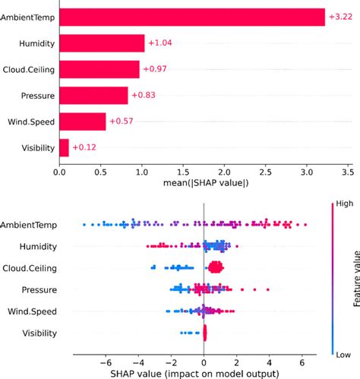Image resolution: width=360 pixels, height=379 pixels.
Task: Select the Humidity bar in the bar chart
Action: point(102,43)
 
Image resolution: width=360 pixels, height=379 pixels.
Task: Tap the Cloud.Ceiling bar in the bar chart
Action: point(99,69)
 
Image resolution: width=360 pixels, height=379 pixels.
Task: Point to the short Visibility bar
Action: point(64,147)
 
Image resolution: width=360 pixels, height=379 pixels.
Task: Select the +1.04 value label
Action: point(160,43)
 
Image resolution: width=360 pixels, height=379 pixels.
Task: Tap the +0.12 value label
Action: point(85,147)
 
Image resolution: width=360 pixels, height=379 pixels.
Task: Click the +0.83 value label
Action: point(144,95)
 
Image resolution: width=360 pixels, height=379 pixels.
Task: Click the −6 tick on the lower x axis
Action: point(105,362)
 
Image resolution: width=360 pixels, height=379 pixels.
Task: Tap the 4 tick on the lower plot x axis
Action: point(269,362)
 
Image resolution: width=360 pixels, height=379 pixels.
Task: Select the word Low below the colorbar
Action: point(337,353)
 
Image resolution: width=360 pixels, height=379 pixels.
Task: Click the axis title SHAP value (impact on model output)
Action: point(204,373)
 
